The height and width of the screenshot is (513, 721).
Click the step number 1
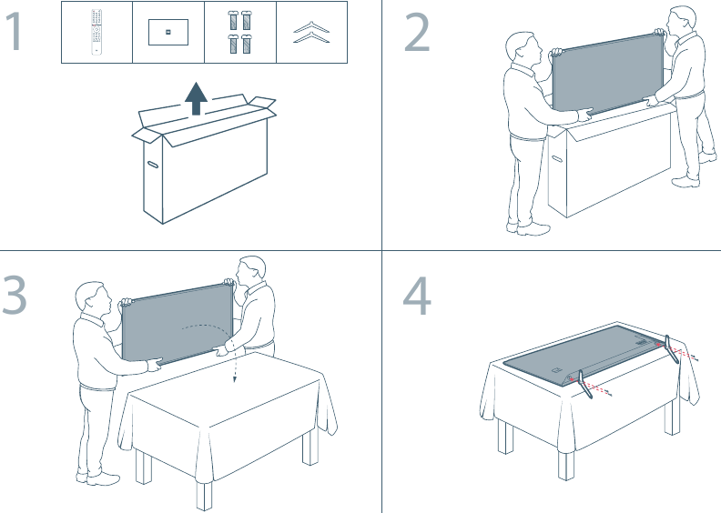click(15, 31)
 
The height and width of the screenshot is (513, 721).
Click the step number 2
click(417, 32)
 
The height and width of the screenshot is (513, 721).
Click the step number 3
click(15, 295)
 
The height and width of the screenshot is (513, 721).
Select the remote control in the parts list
click(96, 32)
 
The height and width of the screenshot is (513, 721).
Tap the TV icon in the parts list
click(168, 32)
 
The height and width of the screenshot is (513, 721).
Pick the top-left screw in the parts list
click(233, 20)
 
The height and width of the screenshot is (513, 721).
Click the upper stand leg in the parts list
click(311, 27)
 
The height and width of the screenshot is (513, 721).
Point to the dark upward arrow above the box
click(197, 98)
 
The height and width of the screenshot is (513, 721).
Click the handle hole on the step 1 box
click(153, 164)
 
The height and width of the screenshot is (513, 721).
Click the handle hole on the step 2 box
click(557, 159)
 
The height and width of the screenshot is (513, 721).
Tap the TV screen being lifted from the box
click(608, 74)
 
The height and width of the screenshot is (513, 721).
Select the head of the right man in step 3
click(251, 271)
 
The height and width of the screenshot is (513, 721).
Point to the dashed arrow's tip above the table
click(235, 380)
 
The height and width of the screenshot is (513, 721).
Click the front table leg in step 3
click(204, 495)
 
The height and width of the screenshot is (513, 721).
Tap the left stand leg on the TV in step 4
click(584, 384)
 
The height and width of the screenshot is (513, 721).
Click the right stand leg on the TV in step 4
click(671, 349)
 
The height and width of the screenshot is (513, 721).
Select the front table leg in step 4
click(566, 466)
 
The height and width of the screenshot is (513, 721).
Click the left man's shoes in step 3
click(98, 478)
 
